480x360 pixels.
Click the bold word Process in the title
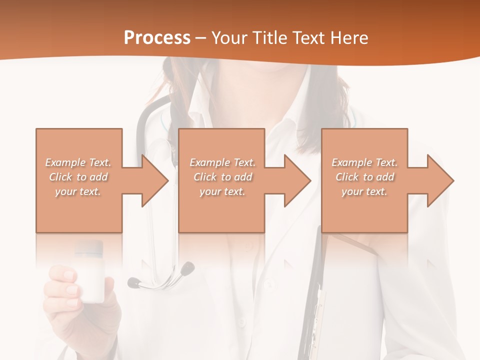[x=157, y=38]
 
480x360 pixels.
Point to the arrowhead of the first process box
[x=155, y=180]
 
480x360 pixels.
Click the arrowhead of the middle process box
[x=297, y=180]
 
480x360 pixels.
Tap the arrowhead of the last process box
[x=440, y=180]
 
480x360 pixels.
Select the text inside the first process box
[x=78, y=177]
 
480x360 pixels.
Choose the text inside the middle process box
[x=222, y=177]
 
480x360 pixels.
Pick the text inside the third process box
[x=364, y=177]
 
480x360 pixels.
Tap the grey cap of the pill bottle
[x=89, y=247]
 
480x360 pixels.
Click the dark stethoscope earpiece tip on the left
[x=133, y=282]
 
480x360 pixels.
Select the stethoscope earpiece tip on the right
[x=188, y=268]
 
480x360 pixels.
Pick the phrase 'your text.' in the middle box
[x=222, y=191]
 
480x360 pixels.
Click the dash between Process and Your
[x=201, y=38]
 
